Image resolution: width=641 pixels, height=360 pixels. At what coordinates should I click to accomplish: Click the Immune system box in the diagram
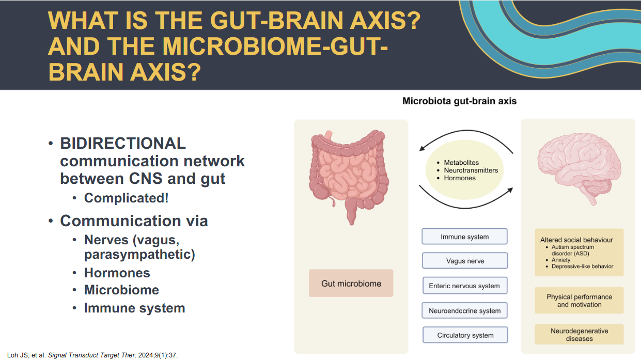pyautogui.click(x=464, y=237)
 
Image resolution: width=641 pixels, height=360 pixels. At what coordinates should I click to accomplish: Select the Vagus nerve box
pyautogui.click(x=465, y=261)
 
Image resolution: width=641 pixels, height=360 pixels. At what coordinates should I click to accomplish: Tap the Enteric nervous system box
pyautogui.click(x=465, y=286)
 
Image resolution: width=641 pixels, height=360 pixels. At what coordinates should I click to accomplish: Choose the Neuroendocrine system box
pyautogui.click(x=464, y=310)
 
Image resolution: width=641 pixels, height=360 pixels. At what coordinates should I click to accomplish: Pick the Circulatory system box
pyautogui.click(x=465, y=335)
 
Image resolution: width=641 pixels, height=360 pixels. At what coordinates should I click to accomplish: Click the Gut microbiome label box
pyautogui.click(x=351, y=283)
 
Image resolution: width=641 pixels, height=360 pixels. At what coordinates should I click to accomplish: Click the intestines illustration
pyautogui.click(x=349, y=177)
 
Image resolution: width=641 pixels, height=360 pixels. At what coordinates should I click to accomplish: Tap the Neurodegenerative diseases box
pyautogui.click(x=579, y=334)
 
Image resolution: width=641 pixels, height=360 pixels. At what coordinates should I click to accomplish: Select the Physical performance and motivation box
pyautogui.click(x=579, y=301)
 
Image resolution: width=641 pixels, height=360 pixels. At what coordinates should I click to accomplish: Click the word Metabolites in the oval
pyautogui.click(x=461, y=163)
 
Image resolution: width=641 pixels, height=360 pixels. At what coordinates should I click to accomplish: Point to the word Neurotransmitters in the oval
pyautogui.click(x=471, y=170)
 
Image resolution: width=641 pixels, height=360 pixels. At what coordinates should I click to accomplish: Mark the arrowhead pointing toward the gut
pyautogui.click(x=422, y=148)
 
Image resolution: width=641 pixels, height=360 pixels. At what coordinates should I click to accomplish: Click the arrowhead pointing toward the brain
pyautogui.click(x=510, y=190)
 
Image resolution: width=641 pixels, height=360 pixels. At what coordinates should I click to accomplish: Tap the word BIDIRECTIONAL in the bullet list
pyautogui.click(x=123, y=143)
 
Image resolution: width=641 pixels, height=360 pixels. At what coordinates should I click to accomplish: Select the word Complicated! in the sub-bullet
pyautogui.click(x=126, y=198)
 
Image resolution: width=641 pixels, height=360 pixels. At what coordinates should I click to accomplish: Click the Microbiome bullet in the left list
pyautogui.click(x=121, y=290)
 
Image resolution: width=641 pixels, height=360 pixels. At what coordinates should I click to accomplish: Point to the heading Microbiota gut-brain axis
pyautogui.click(x=460, y=101)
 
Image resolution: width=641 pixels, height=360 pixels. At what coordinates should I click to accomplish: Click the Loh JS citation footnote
pyautogui.click(x=92, y=355)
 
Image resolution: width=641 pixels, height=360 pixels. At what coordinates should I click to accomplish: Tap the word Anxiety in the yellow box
pyautogui.click(x=561, y=260)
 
